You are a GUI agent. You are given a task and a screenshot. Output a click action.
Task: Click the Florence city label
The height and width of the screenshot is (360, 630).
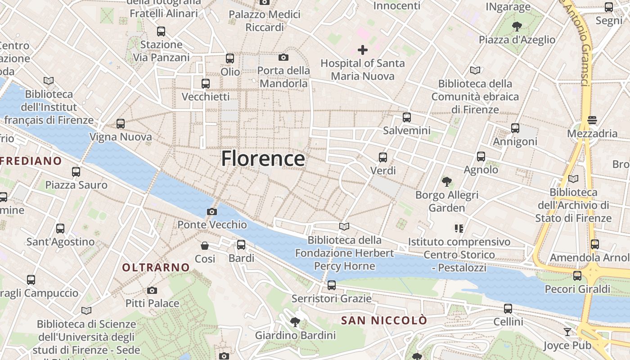click(263, 159)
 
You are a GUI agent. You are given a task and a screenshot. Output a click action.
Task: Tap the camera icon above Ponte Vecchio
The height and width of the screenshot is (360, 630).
click(212, 211)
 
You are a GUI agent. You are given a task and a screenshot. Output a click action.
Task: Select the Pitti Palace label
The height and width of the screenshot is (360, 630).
click(152, 303)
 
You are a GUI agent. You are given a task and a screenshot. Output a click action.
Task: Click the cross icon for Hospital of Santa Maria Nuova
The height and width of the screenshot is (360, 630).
click(363, 50)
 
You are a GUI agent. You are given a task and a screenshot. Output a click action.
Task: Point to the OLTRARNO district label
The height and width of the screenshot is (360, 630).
click(156, 267)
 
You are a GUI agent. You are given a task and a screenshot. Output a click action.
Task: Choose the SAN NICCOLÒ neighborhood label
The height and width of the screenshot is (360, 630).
click(384, 320)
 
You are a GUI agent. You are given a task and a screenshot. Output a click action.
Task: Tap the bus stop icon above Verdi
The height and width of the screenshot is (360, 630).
click(383, 157)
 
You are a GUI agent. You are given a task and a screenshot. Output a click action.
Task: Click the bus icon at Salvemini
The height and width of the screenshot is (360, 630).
click(407, 117)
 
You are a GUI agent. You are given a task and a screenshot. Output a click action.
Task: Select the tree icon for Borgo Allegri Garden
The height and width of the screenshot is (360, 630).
click(446, 182)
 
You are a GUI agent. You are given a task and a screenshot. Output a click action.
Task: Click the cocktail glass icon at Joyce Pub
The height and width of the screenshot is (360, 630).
click(567, 332)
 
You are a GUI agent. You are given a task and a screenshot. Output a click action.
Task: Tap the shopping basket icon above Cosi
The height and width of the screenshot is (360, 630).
click(205, 246)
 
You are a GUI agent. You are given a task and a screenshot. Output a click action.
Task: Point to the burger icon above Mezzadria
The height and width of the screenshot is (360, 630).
click(592, 120)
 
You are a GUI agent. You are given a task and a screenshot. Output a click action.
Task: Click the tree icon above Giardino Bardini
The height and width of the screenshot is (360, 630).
click(295, 322)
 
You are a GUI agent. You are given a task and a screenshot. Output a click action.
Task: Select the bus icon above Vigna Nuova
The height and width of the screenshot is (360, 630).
click(121, 124)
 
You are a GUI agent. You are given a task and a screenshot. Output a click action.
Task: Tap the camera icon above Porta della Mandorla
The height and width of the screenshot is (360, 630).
click(283, 57)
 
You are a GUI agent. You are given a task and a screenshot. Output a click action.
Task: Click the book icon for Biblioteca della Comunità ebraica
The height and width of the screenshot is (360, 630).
click(475, 70)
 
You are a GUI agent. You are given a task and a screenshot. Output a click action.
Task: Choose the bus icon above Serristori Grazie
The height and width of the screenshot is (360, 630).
click(332, 285)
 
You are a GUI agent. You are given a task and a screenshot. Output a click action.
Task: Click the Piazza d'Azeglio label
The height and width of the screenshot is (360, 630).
click(517, 40)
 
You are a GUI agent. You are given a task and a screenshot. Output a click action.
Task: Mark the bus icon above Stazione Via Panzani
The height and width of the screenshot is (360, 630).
click(161, 31)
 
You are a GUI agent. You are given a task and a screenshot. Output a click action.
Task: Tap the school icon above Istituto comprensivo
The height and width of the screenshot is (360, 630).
click(459, 229)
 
